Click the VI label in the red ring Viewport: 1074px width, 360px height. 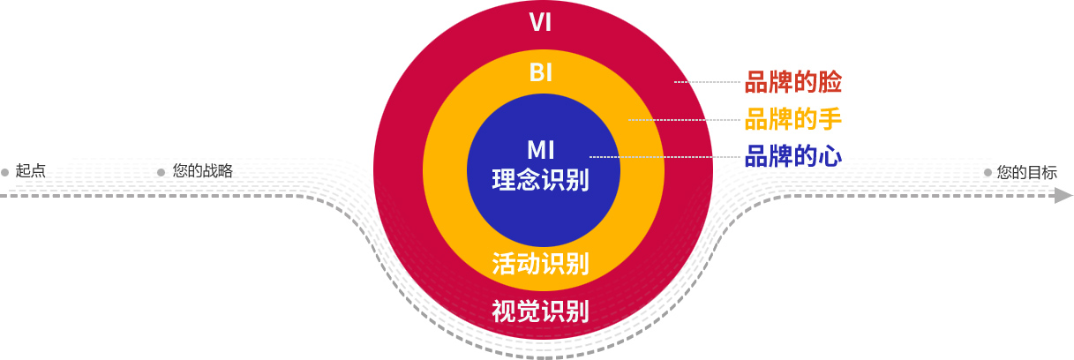[x=541, y=22]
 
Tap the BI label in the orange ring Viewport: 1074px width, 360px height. [x=541, y=72]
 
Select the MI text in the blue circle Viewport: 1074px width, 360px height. [x=541, y=149]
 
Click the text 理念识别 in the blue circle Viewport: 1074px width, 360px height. [x=541, y=180]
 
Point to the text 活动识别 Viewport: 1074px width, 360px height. [x=541, y=263]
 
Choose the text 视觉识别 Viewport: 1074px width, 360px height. [x=541, y=311]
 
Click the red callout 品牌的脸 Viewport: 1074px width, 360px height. [x=793, y=83]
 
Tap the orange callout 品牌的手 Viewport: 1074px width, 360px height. [x=793, y=119]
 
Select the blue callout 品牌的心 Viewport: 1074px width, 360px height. [x=793, y=156]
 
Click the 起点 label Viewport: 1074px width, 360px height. [x=31, y=171]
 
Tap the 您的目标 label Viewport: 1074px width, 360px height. [x=1026, y=172]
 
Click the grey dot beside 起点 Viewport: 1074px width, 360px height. [x=5, y=172]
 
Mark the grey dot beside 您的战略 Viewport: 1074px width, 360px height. [x=161, y=172]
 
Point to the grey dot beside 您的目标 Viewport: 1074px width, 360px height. [x=988, y=172]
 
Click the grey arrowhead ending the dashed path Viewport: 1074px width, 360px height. [x=1063, y=196]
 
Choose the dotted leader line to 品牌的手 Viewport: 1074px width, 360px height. [x=684, y=119]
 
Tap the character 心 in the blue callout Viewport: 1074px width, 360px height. [x=830, y=156]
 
